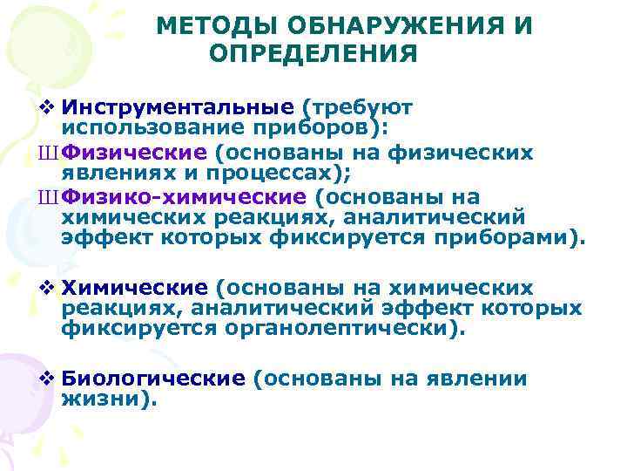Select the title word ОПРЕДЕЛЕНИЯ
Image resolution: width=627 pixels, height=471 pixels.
(314, 55)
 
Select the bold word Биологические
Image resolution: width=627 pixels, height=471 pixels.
(155, 379)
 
